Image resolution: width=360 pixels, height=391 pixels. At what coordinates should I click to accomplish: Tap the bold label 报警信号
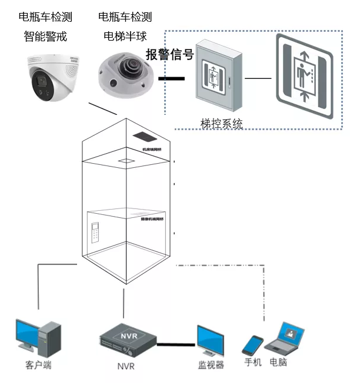click(x=169, y=55)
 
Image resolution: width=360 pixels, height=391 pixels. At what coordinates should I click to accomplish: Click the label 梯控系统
click(x=221, y=124)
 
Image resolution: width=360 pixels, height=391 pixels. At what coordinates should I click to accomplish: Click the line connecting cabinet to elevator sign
click(x=258, y=78)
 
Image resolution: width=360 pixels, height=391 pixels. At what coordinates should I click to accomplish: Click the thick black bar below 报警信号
click(x=171, y=78)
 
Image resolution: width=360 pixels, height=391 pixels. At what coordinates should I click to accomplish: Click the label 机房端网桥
click(x=153, y=150)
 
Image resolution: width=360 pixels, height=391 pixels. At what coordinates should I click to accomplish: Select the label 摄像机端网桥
click(x=152, y=219)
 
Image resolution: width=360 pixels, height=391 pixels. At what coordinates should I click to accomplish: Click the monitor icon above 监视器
click(x=211, y=340)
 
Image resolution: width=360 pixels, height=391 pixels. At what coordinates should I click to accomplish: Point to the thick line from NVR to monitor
click(x=176, y=344)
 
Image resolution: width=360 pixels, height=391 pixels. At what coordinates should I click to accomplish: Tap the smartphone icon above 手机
click(x=253, y=345)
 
